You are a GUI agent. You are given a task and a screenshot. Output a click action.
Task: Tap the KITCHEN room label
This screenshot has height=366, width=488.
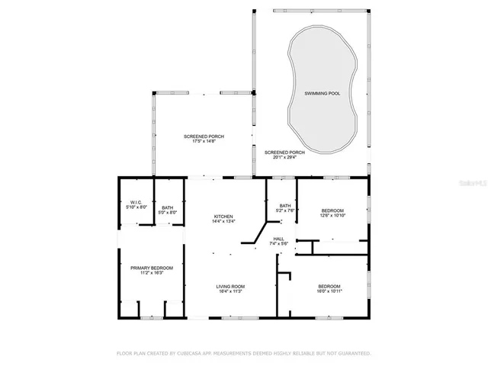pos(223,217)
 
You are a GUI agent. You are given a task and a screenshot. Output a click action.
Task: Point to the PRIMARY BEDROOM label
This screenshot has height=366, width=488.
pos(151,268)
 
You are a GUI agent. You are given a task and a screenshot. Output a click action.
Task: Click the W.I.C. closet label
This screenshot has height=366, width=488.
pos(136,202)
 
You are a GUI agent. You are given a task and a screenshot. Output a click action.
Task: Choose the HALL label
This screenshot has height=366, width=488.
pos(278,238)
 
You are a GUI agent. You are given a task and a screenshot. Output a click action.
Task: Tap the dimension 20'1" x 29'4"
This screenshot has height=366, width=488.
pos(284,158)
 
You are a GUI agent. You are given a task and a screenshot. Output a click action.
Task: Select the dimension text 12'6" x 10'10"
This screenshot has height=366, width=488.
pos(332,216)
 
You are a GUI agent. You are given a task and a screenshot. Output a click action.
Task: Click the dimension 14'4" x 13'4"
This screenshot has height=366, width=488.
pos(223,223)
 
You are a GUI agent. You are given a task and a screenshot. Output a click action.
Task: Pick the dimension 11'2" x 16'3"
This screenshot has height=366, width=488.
pos(151,273)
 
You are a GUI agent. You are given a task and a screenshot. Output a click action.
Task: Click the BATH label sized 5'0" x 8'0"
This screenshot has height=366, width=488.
pos(167,207)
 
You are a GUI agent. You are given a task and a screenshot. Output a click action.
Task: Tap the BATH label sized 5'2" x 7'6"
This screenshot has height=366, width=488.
pos(285,205)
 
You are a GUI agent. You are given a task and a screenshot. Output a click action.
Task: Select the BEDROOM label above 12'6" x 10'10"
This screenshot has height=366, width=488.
pos(332,210)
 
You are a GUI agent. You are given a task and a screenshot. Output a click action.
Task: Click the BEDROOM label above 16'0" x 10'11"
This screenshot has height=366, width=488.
pos(329,286)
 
